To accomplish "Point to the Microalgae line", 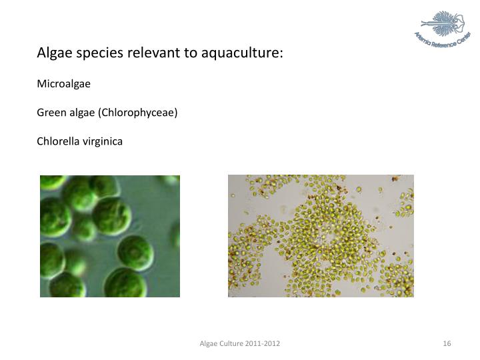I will tap(63, 84).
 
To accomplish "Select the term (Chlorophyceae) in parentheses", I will tap(138, 113).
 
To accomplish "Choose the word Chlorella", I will tap(57, 141).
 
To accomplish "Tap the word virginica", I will tap(101, 141).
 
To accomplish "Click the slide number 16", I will tap(447, 343).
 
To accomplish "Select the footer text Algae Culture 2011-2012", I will tap(240, 343).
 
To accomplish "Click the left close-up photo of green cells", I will tap(110, 235).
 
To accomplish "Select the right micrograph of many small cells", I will tap(321, 235).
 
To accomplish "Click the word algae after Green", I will tap(81, 113).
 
